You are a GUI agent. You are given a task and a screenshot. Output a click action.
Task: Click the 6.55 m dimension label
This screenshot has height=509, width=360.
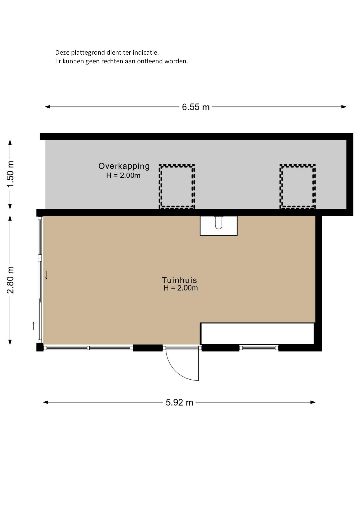coord(196,107)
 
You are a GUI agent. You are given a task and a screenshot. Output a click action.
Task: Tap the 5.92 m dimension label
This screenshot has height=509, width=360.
coord(179,402)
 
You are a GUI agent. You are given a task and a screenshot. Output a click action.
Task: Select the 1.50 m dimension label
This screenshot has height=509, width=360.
coord(10,174)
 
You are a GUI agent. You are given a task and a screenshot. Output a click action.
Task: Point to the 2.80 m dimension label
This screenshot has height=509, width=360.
coord(10,280)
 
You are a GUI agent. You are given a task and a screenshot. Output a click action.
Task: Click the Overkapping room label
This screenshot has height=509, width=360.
coord(124,166)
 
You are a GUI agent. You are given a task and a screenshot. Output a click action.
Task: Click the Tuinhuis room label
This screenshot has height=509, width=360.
coord(179,280)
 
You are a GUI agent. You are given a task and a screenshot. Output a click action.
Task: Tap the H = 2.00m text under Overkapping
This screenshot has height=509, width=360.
coord(123,175)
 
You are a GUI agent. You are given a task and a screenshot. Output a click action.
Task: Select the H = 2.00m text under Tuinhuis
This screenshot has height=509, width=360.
coord(181,288)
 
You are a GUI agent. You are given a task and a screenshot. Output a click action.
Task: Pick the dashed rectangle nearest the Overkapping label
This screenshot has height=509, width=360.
coord(177,186)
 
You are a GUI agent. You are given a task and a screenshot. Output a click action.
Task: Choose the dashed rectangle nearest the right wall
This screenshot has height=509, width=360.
coord(297,186)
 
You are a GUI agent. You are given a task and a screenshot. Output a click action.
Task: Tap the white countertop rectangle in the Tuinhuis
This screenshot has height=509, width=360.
coord(257,334)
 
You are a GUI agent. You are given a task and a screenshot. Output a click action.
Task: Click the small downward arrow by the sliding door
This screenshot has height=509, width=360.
coord(46,275)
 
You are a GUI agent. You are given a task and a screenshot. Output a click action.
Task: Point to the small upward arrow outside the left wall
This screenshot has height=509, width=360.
coord(33,326)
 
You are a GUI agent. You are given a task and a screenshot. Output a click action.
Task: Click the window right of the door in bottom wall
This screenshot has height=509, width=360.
coord(259,348)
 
